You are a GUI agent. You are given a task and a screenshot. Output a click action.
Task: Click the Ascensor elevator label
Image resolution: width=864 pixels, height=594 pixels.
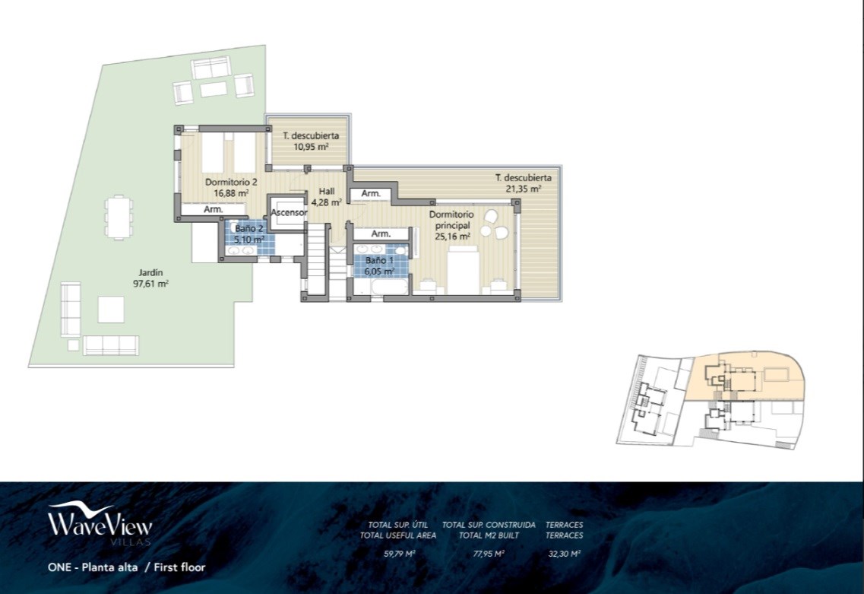289,212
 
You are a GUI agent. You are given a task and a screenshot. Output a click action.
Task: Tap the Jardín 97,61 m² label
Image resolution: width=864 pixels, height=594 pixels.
153,278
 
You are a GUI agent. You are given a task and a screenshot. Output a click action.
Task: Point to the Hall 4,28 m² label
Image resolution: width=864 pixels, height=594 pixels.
327,196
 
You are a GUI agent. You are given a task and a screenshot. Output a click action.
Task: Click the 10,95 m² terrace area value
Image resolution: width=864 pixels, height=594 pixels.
312,147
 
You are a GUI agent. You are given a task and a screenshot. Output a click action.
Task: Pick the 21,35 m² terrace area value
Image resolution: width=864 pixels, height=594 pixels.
524,189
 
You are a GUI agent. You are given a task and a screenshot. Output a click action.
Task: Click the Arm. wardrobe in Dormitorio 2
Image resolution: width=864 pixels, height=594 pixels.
214,210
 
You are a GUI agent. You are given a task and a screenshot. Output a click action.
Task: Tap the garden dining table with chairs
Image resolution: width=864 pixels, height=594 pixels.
119,216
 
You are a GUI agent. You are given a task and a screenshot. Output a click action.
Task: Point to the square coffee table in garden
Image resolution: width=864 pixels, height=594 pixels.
111,310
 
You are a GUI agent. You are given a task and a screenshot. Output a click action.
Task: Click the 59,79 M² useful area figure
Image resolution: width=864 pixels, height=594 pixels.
399,554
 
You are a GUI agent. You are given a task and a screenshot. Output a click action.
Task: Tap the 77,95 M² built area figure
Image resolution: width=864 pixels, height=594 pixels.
489,554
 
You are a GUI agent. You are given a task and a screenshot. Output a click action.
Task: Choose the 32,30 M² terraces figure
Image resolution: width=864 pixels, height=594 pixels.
565,554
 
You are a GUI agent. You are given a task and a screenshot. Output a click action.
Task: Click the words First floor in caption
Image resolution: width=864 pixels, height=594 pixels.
179,567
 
